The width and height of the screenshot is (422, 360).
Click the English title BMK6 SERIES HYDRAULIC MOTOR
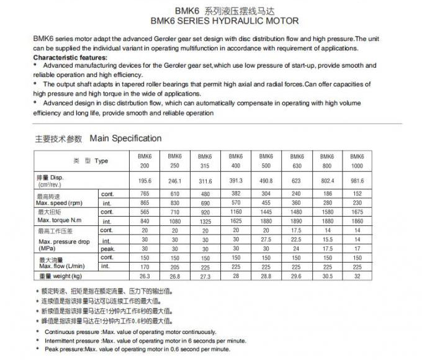(x=211, y=20)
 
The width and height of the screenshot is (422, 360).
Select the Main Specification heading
(x=125, y=138)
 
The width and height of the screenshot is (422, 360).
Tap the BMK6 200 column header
(x=145, y=161)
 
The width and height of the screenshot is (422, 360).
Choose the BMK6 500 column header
(x=266, y=161)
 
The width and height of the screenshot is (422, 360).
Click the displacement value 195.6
(x=145, y=181)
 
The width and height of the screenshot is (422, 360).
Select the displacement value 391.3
(x=236, y=181)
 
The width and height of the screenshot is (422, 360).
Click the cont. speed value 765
(x=145, y=194)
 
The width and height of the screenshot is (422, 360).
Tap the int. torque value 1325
(x=205, y=221)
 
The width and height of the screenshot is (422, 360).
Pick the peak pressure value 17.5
(x=327, y=248)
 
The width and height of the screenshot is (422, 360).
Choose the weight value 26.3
(x=145, y=276)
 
